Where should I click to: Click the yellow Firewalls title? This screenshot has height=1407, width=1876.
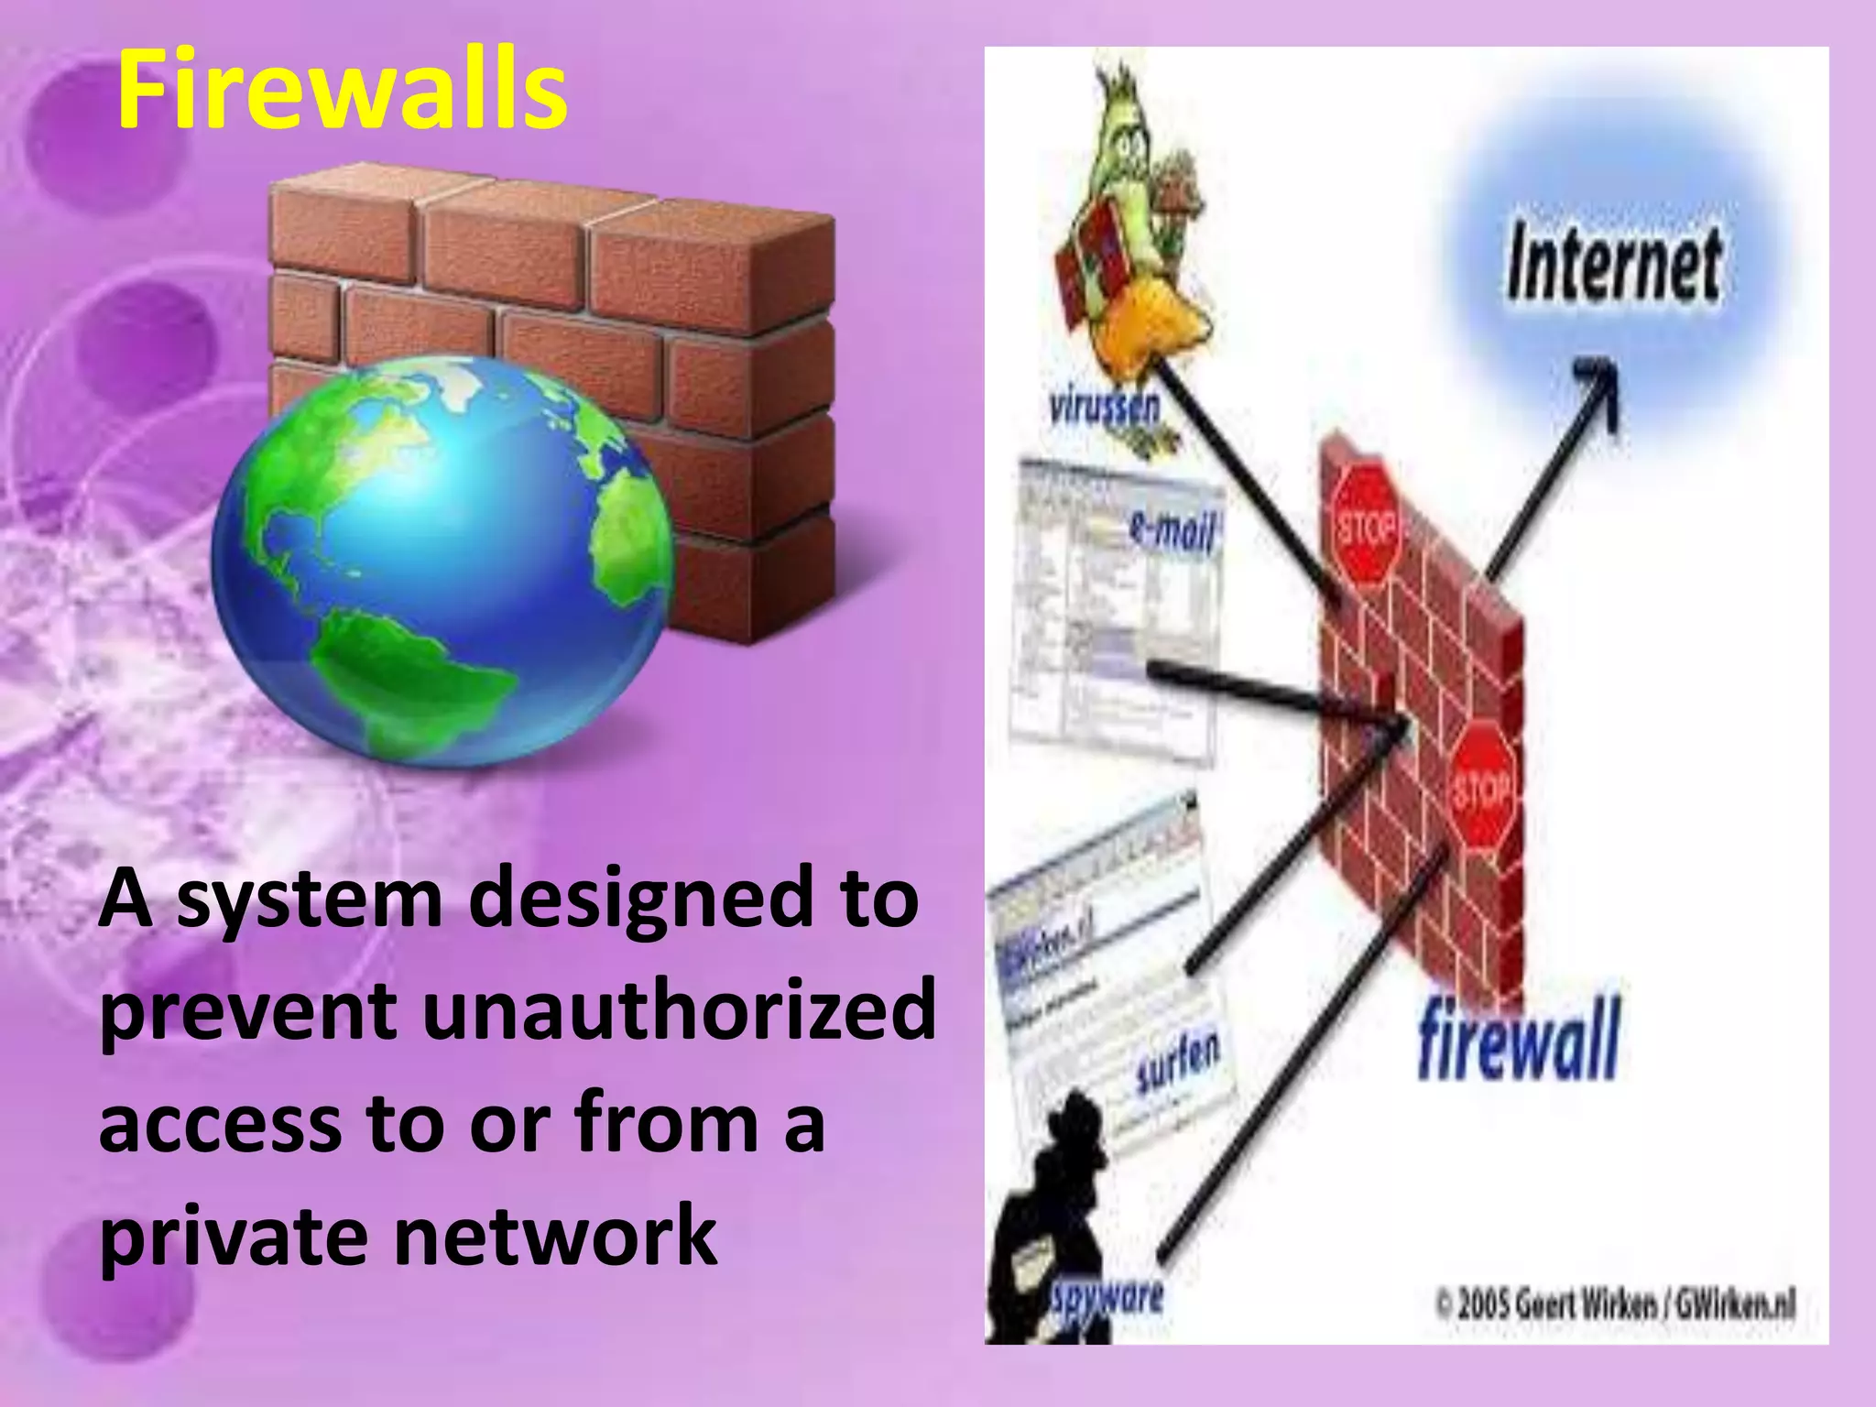[x=342, y=90]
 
